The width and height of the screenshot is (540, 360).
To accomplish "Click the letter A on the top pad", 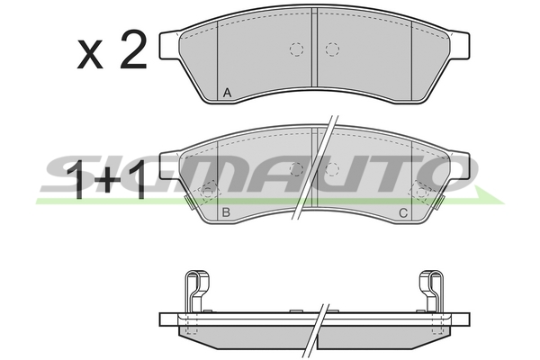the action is [x=227, y=93].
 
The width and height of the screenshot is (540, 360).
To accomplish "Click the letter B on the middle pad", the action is [x=226, y=212].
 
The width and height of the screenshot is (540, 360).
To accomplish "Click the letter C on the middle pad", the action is [x=403, y=213].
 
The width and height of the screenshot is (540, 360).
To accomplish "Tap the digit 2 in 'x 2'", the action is [x=133, y=49].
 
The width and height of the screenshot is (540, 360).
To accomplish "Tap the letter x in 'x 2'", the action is [x=90, y=54].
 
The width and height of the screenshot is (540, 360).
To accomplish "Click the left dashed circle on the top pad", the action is [x=296, y=49].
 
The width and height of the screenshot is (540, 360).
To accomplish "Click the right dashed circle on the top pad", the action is [x=332, y=49].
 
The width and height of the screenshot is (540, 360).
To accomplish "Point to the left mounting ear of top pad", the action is [x=169, y=45].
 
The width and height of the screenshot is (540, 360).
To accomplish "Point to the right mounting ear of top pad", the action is [x=459, y=45].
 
